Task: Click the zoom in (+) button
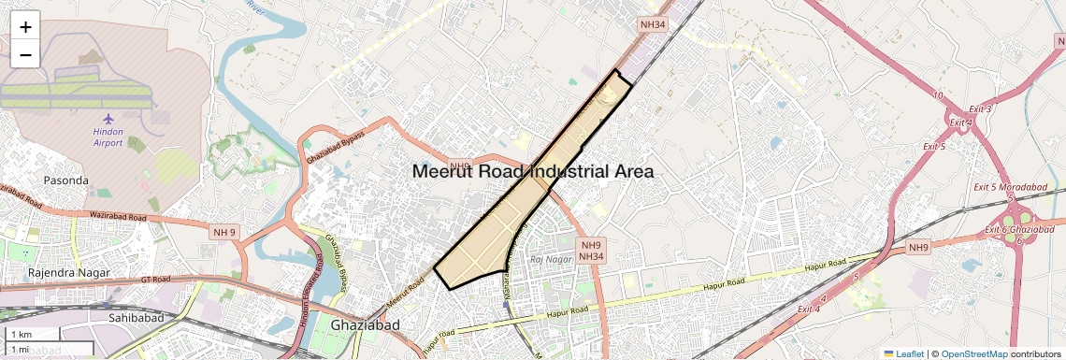click(25, 27)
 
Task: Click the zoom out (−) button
click(25, 55)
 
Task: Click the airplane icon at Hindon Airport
click(108, 119)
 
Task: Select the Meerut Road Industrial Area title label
click(532, 172)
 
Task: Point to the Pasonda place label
click(65, 180)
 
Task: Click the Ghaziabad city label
click(365, 325)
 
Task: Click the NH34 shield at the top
click(653, 25)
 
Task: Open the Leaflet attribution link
click(903, 353)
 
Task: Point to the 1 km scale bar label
click(21, 335)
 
